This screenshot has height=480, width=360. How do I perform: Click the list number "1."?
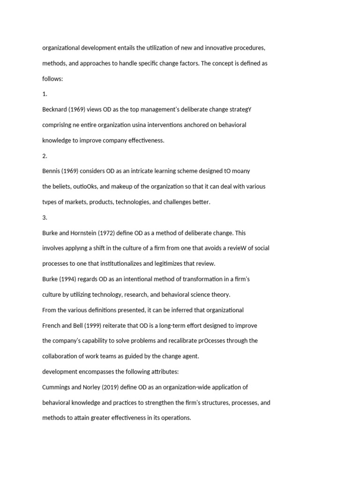tap(45, 94)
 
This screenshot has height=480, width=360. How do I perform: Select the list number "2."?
tap(45, 156)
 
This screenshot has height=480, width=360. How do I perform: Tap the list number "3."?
tap(45, 217)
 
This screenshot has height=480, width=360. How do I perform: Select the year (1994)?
tap(68, 279)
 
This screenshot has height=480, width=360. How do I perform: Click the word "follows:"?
tap(52, 79)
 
